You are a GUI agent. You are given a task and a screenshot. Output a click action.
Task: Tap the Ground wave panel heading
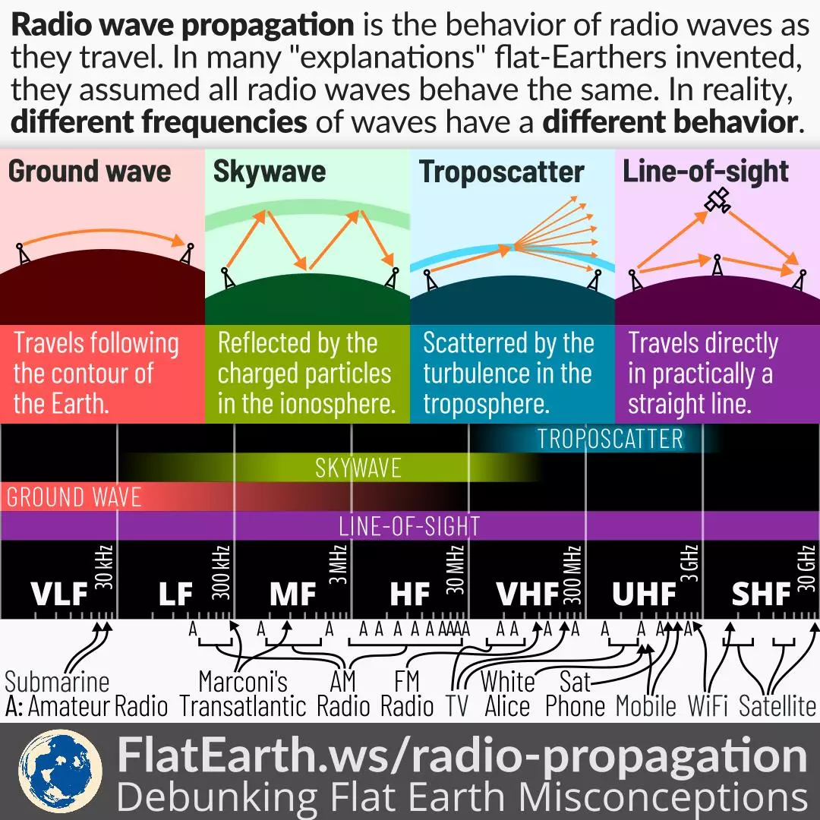[x=90, y=171]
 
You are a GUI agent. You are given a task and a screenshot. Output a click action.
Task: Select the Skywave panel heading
[x=269, y=171]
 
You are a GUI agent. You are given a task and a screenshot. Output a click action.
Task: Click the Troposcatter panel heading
[x=502, y=172]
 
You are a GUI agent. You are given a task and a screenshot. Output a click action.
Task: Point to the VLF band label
[x=59, y=594]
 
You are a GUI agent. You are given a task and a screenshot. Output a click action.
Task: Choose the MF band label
[x=292, y=594]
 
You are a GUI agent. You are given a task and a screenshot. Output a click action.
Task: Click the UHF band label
[x=644, y=594]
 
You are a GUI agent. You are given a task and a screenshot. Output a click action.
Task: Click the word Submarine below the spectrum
[x=57, y=682]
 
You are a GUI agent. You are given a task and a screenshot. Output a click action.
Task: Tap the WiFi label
[x=708, y=707]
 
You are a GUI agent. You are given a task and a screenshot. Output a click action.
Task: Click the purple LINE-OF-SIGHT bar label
[x=409, y=526]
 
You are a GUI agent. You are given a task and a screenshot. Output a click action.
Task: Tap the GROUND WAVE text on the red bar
[x=74, y=497]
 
